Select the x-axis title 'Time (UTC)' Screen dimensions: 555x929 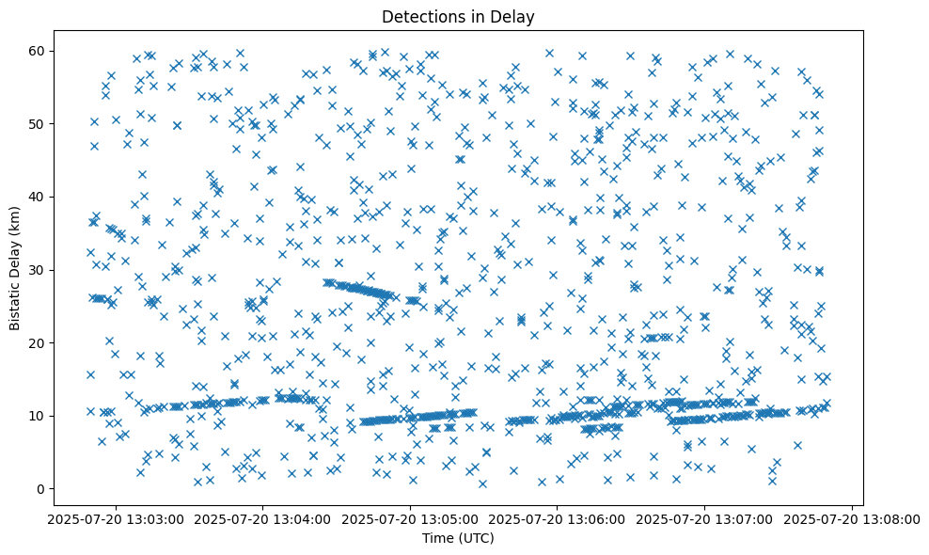[458, 539]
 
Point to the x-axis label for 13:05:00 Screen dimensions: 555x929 [410, 519]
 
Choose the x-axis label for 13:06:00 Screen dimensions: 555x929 [558, 519]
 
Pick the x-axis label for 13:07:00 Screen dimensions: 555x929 [705, 519]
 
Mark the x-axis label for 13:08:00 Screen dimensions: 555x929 [853, 519]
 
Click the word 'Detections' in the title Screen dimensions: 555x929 [417, 17]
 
